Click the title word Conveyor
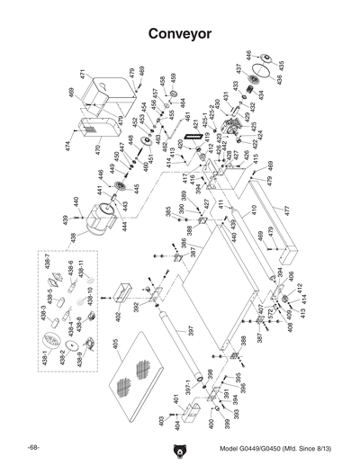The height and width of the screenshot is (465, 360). (179, 33)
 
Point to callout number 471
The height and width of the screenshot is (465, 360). (82, 75)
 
